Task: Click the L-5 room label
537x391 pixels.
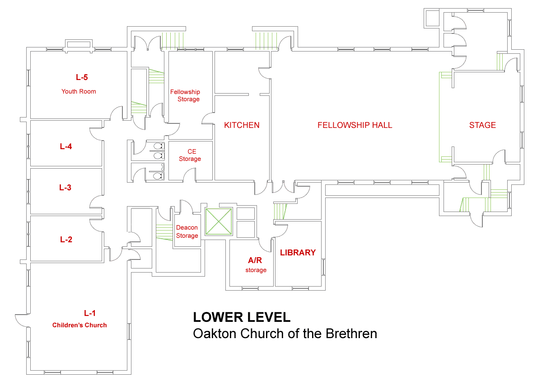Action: point(82,77)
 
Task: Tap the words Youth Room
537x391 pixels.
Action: point(79,91)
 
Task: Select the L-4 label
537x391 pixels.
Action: point(66,146)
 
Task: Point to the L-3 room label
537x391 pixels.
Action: point(65,188)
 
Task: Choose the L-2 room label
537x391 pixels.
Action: point(66,240)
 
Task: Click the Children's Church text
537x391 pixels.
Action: point(79,325)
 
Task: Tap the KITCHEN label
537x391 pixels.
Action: point(242,125)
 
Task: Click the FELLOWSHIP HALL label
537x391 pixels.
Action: point(355,125)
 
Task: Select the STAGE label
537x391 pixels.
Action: point(482,125)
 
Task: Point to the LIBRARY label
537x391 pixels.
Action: point(298,253)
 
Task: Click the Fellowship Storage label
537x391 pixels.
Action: point(185,96)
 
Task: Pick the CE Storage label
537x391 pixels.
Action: point(190,155)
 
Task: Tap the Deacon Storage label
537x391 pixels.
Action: point(187,231)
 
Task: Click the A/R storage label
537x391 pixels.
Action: point(256,265)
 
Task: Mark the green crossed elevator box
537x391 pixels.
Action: point(219,221)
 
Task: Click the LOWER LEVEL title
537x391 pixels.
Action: point(242,317)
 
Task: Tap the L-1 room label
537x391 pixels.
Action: point(90,313)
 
